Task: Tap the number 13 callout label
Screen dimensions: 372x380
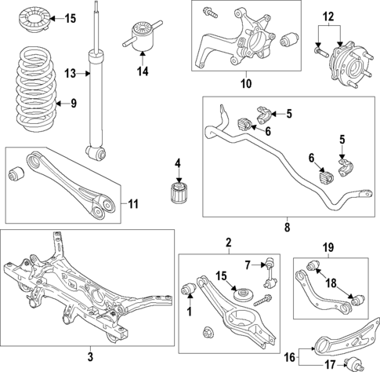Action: click(x=71, y=73)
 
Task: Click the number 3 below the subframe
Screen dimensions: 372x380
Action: click(x=89, y=357)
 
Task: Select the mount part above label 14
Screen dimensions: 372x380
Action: click(x=143, y=37)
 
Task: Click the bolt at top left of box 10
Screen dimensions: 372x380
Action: click(x=211, y=13)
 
